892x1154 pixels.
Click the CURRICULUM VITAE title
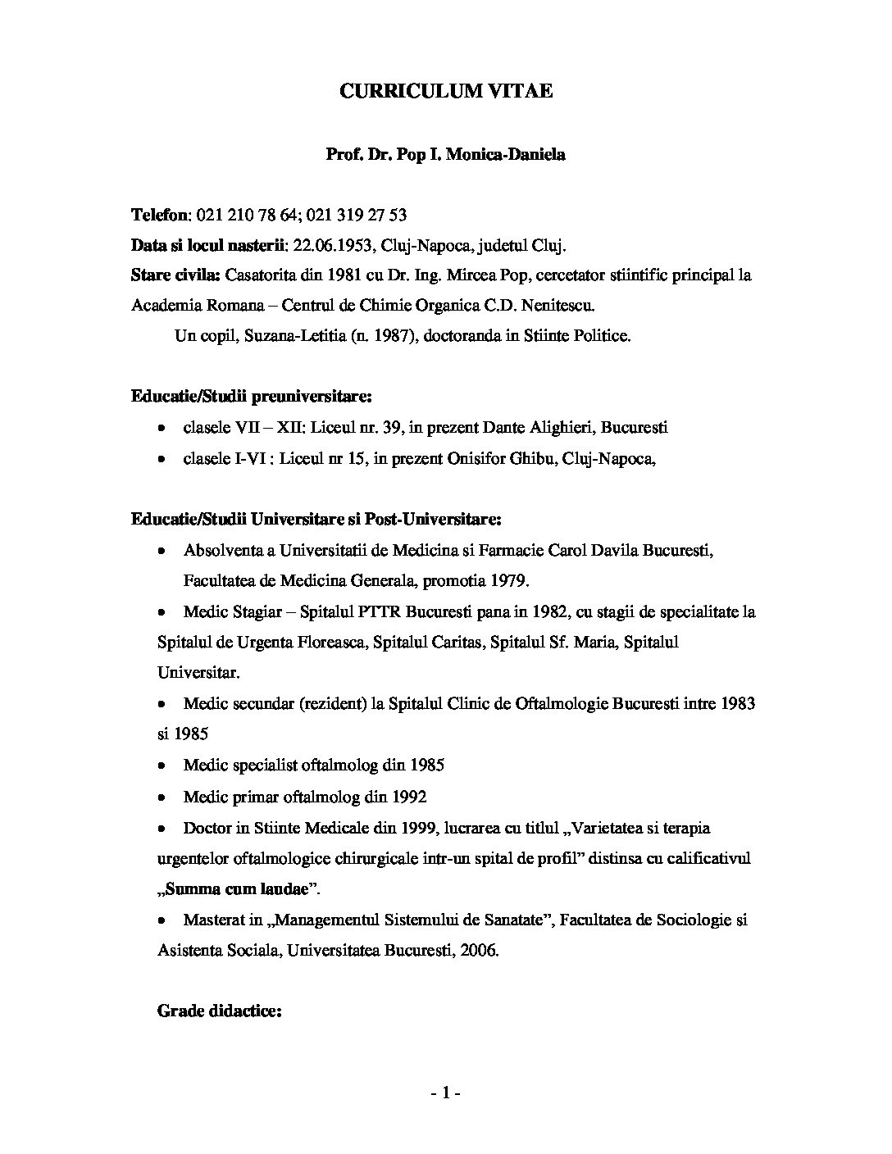tap(446, 92)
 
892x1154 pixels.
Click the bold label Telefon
tap(160, 216)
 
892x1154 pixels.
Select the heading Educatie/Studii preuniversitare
tap(251, 398)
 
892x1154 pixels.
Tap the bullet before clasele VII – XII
tap(163, 429)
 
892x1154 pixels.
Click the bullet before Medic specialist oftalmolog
tap(163, 766)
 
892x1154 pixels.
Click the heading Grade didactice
tap(219, 1011)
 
